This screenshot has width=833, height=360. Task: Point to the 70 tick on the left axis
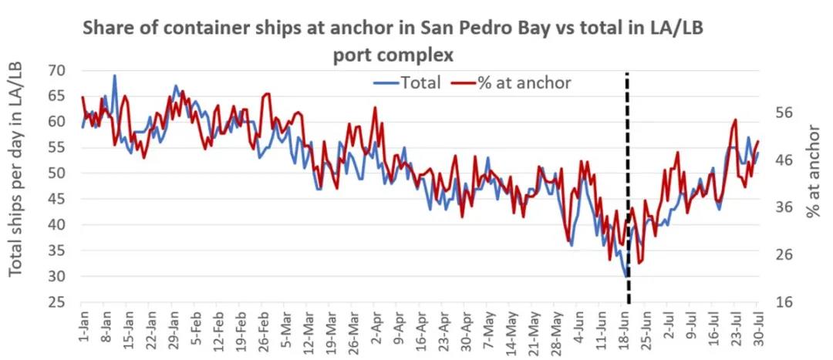[x=56, y=71]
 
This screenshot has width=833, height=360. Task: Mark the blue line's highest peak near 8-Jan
[x=115, y=76]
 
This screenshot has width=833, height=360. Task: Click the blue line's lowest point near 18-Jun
[x=626, y=276]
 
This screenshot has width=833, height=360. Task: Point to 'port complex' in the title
[x=393, y=56]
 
